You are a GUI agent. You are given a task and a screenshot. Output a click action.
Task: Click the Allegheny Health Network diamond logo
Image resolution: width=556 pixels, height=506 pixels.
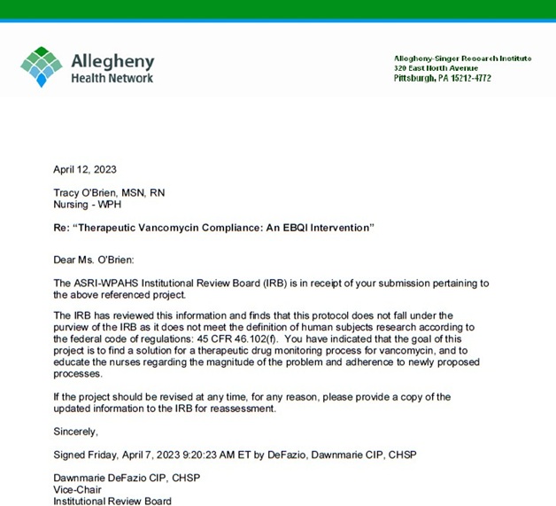click(41, 67)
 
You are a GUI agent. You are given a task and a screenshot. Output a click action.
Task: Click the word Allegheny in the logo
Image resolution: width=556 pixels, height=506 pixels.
click(112, 61)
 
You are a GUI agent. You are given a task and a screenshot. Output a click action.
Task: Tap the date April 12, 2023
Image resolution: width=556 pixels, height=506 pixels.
click(85, 169)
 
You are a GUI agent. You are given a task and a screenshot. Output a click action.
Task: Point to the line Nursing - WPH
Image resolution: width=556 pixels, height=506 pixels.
click(86, 204)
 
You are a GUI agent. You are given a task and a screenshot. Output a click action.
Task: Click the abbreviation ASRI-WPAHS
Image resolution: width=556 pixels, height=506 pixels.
click(104, 283)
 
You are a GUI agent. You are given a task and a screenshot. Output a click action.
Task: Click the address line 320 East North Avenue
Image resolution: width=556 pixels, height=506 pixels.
click(436, 68)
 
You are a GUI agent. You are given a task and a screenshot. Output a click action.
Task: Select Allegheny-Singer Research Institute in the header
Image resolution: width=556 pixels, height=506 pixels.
click(462, 58)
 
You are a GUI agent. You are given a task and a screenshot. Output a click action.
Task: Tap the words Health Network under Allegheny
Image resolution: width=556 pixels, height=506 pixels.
click(112, 78)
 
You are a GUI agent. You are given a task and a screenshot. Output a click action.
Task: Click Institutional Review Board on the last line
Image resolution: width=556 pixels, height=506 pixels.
click(112, 500)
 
